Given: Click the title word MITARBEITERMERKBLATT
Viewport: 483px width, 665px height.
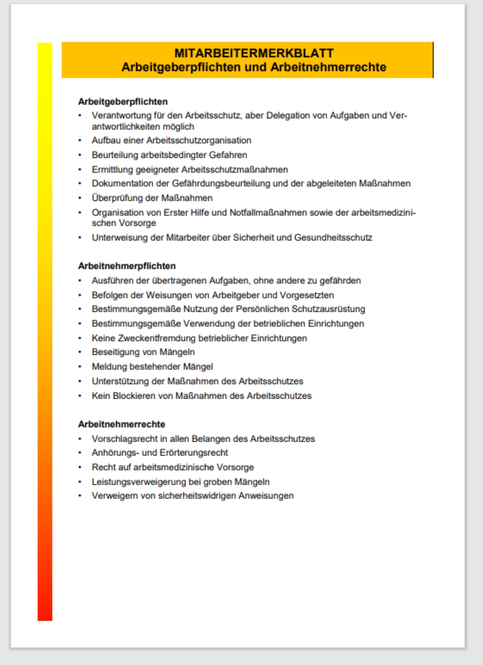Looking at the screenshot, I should coord(254,53).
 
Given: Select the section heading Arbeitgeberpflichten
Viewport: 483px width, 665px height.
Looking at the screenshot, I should coord(123,102).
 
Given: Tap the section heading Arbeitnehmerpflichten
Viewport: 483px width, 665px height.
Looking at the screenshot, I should coord(127,266).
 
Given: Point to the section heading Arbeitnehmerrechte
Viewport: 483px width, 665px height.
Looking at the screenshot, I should coord(122,424).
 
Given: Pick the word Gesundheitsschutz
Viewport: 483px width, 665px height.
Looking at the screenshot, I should coord(333,237).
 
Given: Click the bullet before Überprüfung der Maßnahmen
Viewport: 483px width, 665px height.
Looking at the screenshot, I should coord(80,198).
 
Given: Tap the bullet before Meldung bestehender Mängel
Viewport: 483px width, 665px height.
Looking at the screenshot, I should coord(80,367).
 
